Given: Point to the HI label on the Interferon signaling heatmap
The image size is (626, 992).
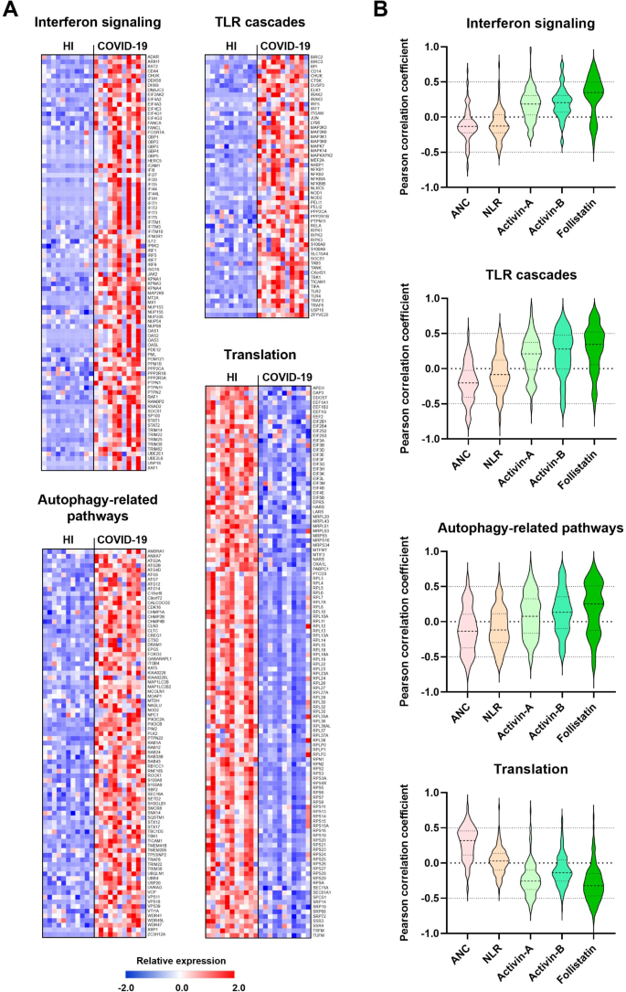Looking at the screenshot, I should point(66,46).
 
